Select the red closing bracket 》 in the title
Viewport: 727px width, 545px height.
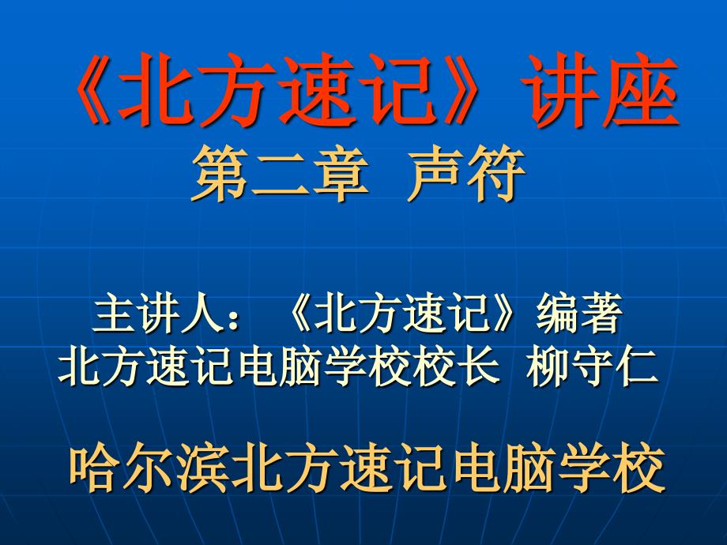click(x=460, y=96)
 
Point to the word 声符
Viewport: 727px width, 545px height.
click(x=466, y=178)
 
